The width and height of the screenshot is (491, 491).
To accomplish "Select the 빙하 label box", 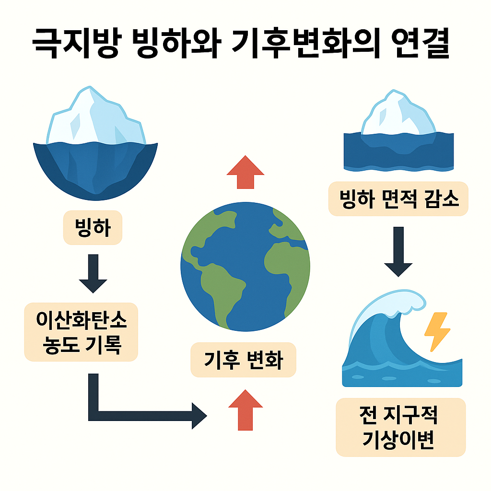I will (93, 229).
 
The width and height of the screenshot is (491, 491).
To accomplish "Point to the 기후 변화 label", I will (243, 360).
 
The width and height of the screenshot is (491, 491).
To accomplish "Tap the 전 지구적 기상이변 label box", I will (400, 427).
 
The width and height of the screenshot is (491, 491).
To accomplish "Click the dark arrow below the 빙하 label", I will (93, 273).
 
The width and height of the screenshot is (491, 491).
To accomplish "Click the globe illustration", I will (245, 266).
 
